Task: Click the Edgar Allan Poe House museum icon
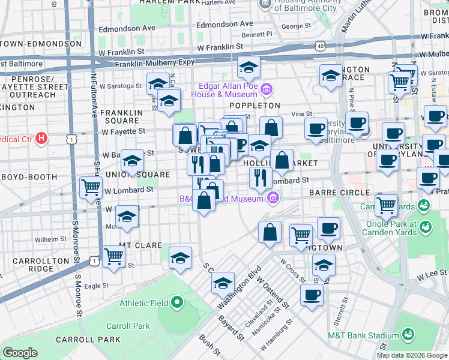pos(267,90)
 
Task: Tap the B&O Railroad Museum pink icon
pos(273,197)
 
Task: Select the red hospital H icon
pos(41,139)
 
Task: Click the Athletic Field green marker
pos(177,302)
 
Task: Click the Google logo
pos(20,353)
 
